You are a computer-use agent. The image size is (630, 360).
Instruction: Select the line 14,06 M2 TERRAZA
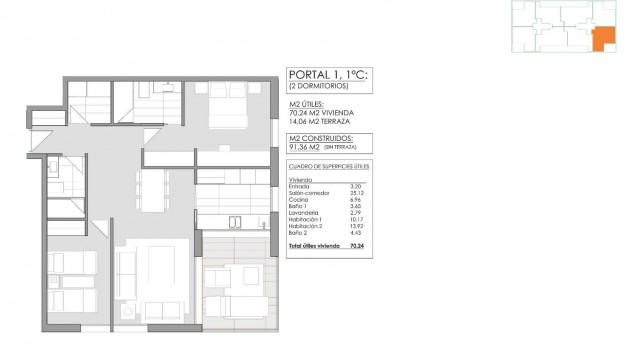pyautogui.click(x=322, y=123)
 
